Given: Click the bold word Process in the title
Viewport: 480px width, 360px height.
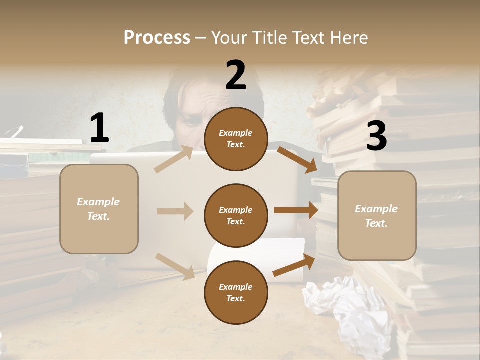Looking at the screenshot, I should coord(157,38).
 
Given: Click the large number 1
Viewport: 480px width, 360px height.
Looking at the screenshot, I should coord(99,128).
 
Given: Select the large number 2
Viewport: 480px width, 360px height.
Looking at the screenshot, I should coord(236,75).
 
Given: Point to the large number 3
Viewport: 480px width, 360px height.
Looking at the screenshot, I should coord(376,136).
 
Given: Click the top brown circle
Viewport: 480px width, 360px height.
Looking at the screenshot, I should coord(236,139).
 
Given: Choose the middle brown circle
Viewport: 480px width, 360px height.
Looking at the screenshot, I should coord(236,215).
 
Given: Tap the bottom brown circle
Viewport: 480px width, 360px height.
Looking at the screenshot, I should coord(236,292).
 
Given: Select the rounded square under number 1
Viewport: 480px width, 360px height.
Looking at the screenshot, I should coord(99,209).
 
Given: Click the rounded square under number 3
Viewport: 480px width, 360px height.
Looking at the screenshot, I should coord(376,215).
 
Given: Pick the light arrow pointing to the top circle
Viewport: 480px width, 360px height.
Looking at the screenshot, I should coord(174,159).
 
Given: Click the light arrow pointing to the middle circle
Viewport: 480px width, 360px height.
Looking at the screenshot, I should coord(175,211).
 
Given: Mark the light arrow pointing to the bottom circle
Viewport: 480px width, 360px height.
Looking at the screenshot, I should coord(175,266).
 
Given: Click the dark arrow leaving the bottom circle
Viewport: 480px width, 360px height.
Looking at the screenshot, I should coord(294,265).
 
